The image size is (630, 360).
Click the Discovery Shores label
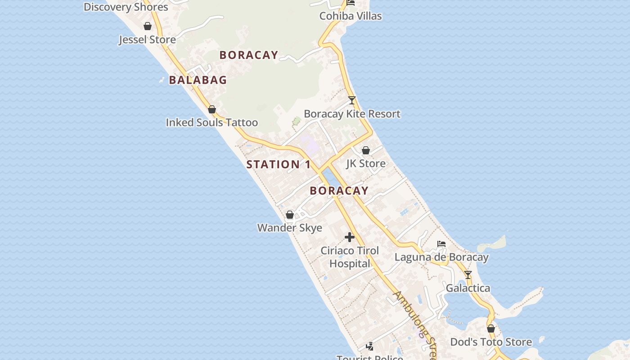click(126, 7)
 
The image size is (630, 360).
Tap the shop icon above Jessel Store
click(148, 26)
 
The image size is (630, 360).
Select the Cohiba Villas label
click(351, 16)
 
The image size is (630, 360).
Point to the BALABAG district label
click(198, 80)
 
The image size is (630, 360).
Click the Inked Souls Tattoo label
click(211, 122)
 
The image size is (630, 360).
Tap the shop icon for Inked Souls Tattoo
click(212, 109)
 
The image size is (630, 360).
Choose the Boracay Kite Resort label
click(352, 114)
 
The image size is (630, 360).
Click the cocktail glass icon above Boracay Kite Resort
click(352, 100)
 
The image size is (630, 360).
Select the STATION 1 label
click(279, 165)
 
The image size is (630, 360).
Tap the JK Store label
click(366, 163)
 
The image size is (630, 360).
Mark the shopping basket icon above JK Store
click(366, 150)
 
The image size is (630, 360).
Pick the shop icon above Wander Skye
click(290, 215)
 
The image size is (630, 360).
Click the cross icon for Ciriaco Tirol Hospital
click(350, 237)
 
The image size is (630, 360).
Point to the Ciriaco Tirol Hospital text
click(350, 257)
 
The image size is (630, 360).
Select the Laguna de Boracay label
click(441, 257)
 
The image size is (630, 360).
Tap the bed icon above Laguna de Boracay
click(441, 244)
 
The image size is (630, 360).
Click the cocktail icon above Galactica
click(468, 274)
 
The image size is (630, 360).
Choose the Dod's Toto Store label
click(491, 342)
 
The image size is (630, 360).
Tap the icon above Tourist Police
click(369, 346)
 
